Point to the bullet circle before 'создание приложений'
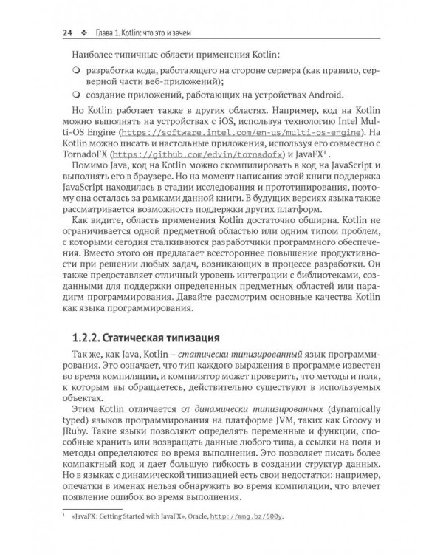coord(77,95)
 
